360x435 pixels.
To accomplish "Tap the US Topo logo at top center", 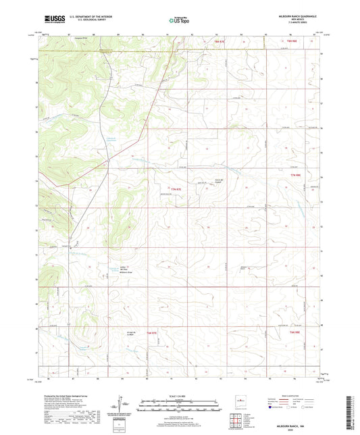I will [x=179, y=21].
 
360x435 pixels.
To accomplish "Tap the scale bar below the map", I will [x=180, y=405].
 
